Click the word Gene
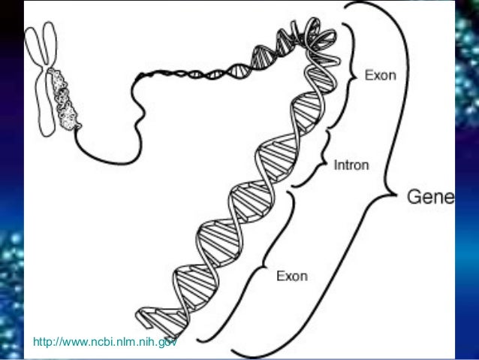[x=431, y=197]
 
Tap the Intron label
[x=351, y=165]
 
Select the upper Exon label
[x=381, y=75]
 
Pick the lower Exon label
[x=292, y=276]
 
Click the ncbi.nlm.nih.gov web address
[x=105, y=342]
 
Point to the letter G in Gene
[x=414, y=197]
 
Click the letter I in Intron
[x=336, y=165]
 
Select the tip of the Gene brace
[x=396, y=194]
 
